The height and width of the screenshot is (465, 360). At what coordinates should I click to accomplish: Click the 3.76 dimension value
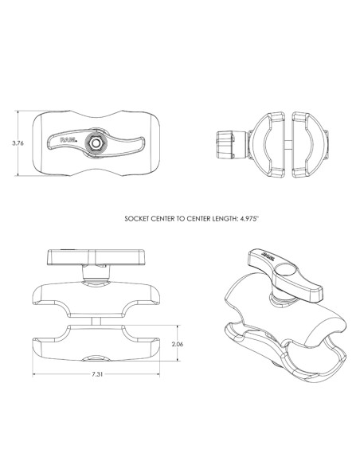pyautogui.click(x=18, y=144)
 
